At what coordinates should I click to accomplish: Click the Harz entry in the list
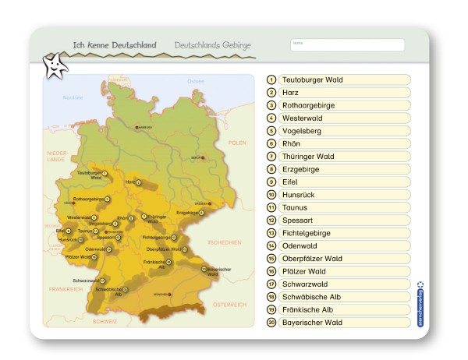click(x=344, y=92)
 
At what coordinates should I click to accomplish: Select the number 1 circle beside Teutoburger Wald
click(x=271, y=79)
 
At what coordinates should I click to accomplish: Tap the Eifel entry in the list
click(x=344, y=182)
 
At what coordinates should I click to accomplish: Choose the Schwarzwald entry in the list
click(x=344, y=284)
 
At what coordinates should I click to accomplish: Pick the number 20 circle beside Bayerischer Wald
click(x=271, y=322)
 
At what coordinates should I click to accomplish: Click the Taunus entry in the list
click(x=344, y=207)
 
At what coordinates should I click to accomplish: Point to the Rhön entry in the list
click(x=344, y=143)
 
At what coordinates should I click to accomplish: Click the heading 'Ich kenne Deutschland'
click(x=115, y=46)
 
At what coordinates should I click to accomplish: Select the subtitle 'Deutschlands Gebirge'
click(x=212, y=46)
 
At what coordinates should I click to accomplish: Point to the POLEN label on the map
click(x=237, y=143)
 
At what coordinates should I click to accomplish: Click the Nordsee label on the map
click(x=73, y=97)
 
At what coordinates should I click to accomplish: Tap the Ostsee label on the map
click(x=194, y=81)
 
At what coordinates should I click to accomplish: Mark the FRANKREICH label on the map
click(x=65, y=289)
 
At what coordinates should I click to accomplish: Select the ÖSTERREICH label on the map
click(x=229, y=303)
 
